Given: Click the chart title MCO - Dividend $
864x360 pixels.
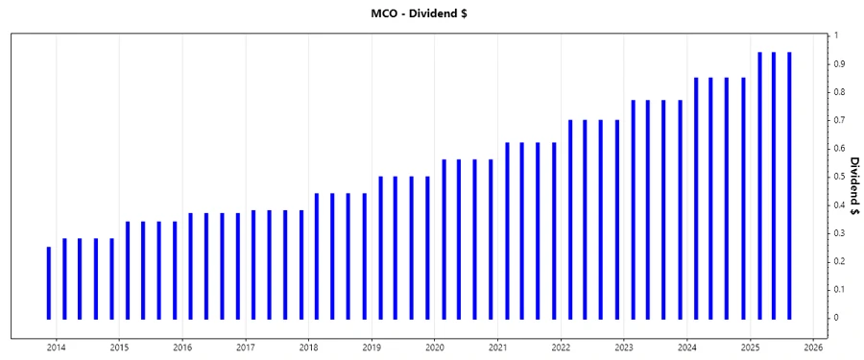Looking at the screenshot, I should tap(431, 13).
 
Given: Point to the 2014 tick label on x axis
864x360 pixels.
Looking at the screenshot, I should tap(56, 347).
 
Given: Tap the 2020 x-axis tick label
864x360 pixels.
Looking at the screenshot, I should tap(435, 347).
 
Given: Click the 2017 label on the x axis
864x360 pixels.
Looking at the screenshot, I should tap(245, 347).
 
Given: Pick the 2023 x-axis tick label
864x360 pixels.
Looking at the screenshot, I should tap(624, 347).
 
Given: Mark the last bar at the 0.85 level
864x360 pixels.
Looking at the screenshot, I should tap(743, 198).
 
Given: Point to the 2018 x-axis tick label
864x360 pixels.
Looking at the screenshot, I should tap(308, 347).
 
